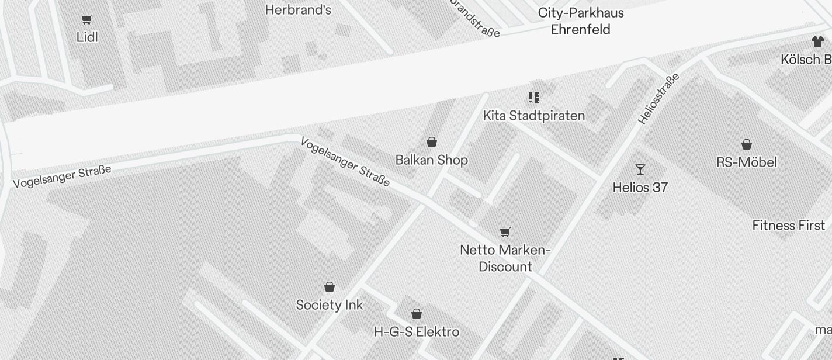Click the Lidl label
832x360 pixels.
tap(87, 37)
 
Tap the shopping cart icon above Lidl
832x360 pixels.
tap(87, 20)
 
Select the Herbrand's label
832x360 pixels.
tap(298, 10)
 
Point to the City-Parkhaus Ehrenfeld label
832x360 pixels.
tap(581, 21)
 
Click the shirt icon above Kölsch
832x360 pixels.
tap(817, 41)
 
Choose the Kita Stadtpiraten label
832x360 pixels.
tap(533, 116)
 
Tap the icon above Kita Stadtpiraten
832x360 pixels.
tap(533, 98)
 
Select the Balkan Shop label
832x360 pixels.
tap(431, 160)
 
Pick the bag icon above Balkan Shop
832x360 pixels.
tap(432, 142)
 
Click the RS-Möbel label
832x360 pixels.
tap(746, 162)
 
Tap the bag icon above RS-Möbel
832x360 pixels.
tap(746, 144)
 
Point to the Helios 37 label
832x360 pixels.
tap(640, 188)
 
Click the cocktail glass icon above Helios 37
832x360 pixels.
tap(640, 169)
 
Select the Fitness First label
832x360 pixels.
tap(788, 226)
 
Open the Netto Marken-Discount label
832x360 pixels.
tap(505, 258)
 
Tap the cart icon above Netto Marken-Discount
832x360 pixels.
tap(505, 233)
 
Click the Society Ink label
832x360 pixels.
tap(329, 305)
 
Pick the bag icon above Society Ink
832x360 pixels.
tap(330, 287)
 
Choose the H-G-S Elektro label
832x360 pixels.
tap(416, 332)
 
